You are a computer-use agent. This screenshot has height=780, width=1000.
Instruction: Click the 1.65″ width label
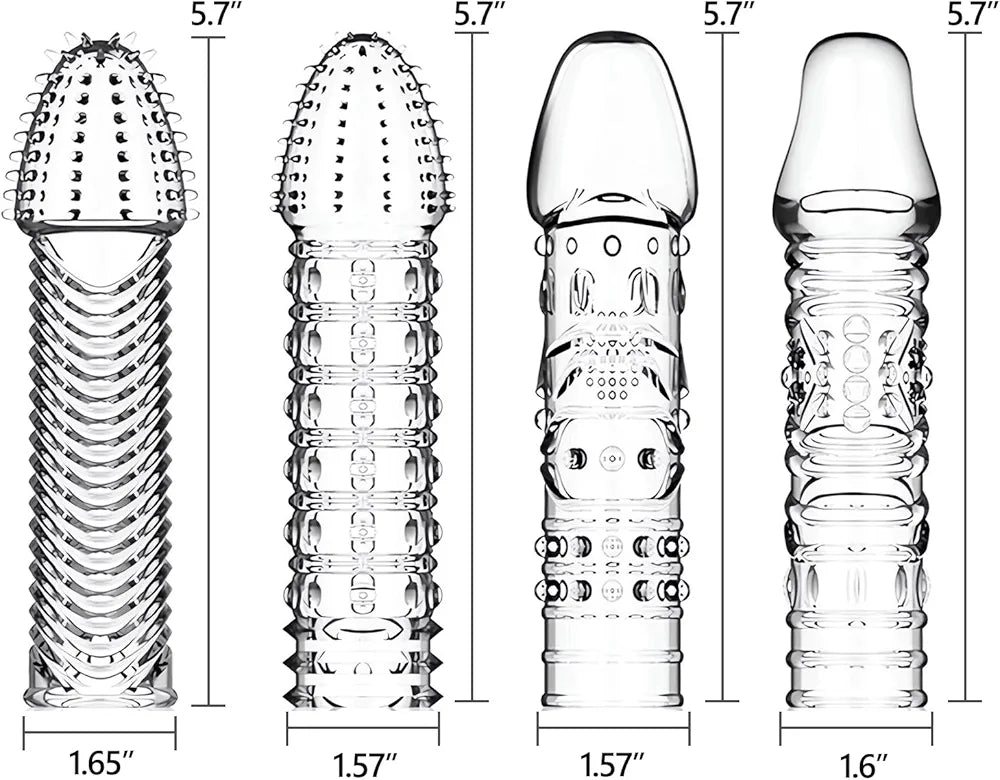[x=101, y=763]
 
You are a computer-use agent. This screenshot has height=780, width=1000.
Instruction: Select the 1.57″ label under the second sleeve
[x=365, y=764]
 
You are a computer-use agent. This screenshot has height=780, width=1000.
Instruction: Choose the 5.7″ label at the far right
[x=973, y=15]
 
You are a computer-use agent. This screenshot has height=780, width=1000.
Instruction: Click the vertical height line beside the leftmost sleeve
[x=208, y=371]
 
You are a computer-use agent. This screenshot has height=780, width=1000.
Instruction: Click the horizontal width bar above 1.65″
[x=99, y=732]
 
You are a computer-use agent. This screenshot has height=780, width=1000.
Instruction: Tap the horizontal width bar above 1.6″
[x=856, y=728]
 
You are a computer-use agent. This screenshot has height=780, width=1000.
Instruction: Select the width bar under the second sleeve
[x=363, y=728]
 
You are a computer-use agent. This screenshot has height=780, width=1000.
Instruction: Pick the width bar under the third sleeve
[x=613, y=728]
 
